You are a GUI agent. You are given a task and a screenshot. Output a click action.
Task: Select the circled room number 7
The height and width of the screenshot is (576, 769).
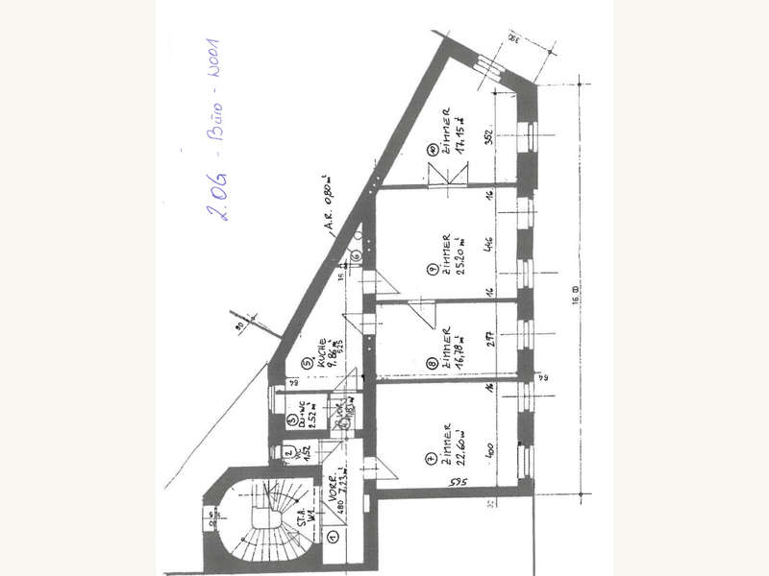click(434, 461)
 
